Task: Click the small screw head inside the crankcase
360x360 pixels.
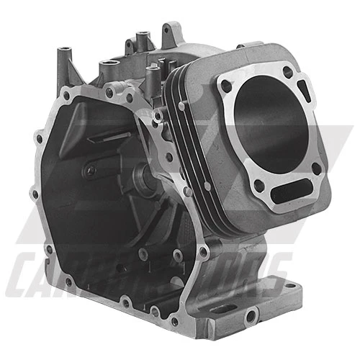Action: point(90,171)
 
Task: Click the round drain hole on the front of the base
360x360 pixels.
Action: point(248,315)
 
